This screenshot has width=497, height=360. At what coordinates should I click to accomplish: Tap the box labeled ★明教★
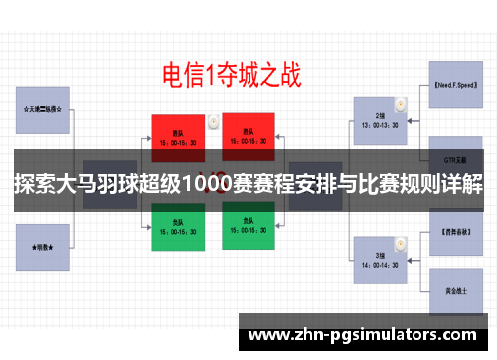(x=43, y=244)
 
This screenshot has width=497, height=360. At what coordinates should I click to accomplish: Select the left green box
(x=179, y=227)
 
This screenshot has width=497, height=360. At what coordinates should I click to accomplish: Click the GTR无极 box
(x=457, y=157)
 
